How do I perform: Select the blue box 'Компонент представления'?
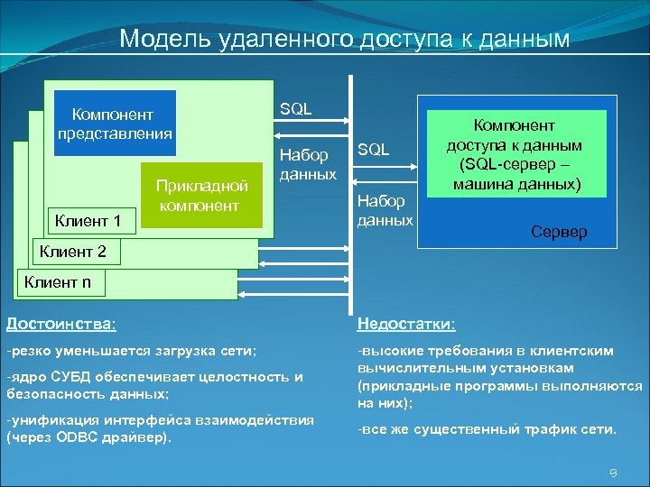[115, 124]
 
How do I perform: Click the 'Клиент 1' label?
[88, 219]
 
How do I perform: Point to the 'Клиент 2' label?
[72, 251]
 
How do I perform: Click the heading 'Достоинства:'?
[60, 324]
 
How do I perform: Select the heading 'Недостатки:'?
[406, 324]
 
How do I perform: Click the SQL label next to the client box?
[296, 109]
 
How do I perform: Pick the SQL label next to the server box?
[374, 150]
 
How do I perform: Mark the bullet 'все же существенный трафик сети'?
[487, 429]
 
